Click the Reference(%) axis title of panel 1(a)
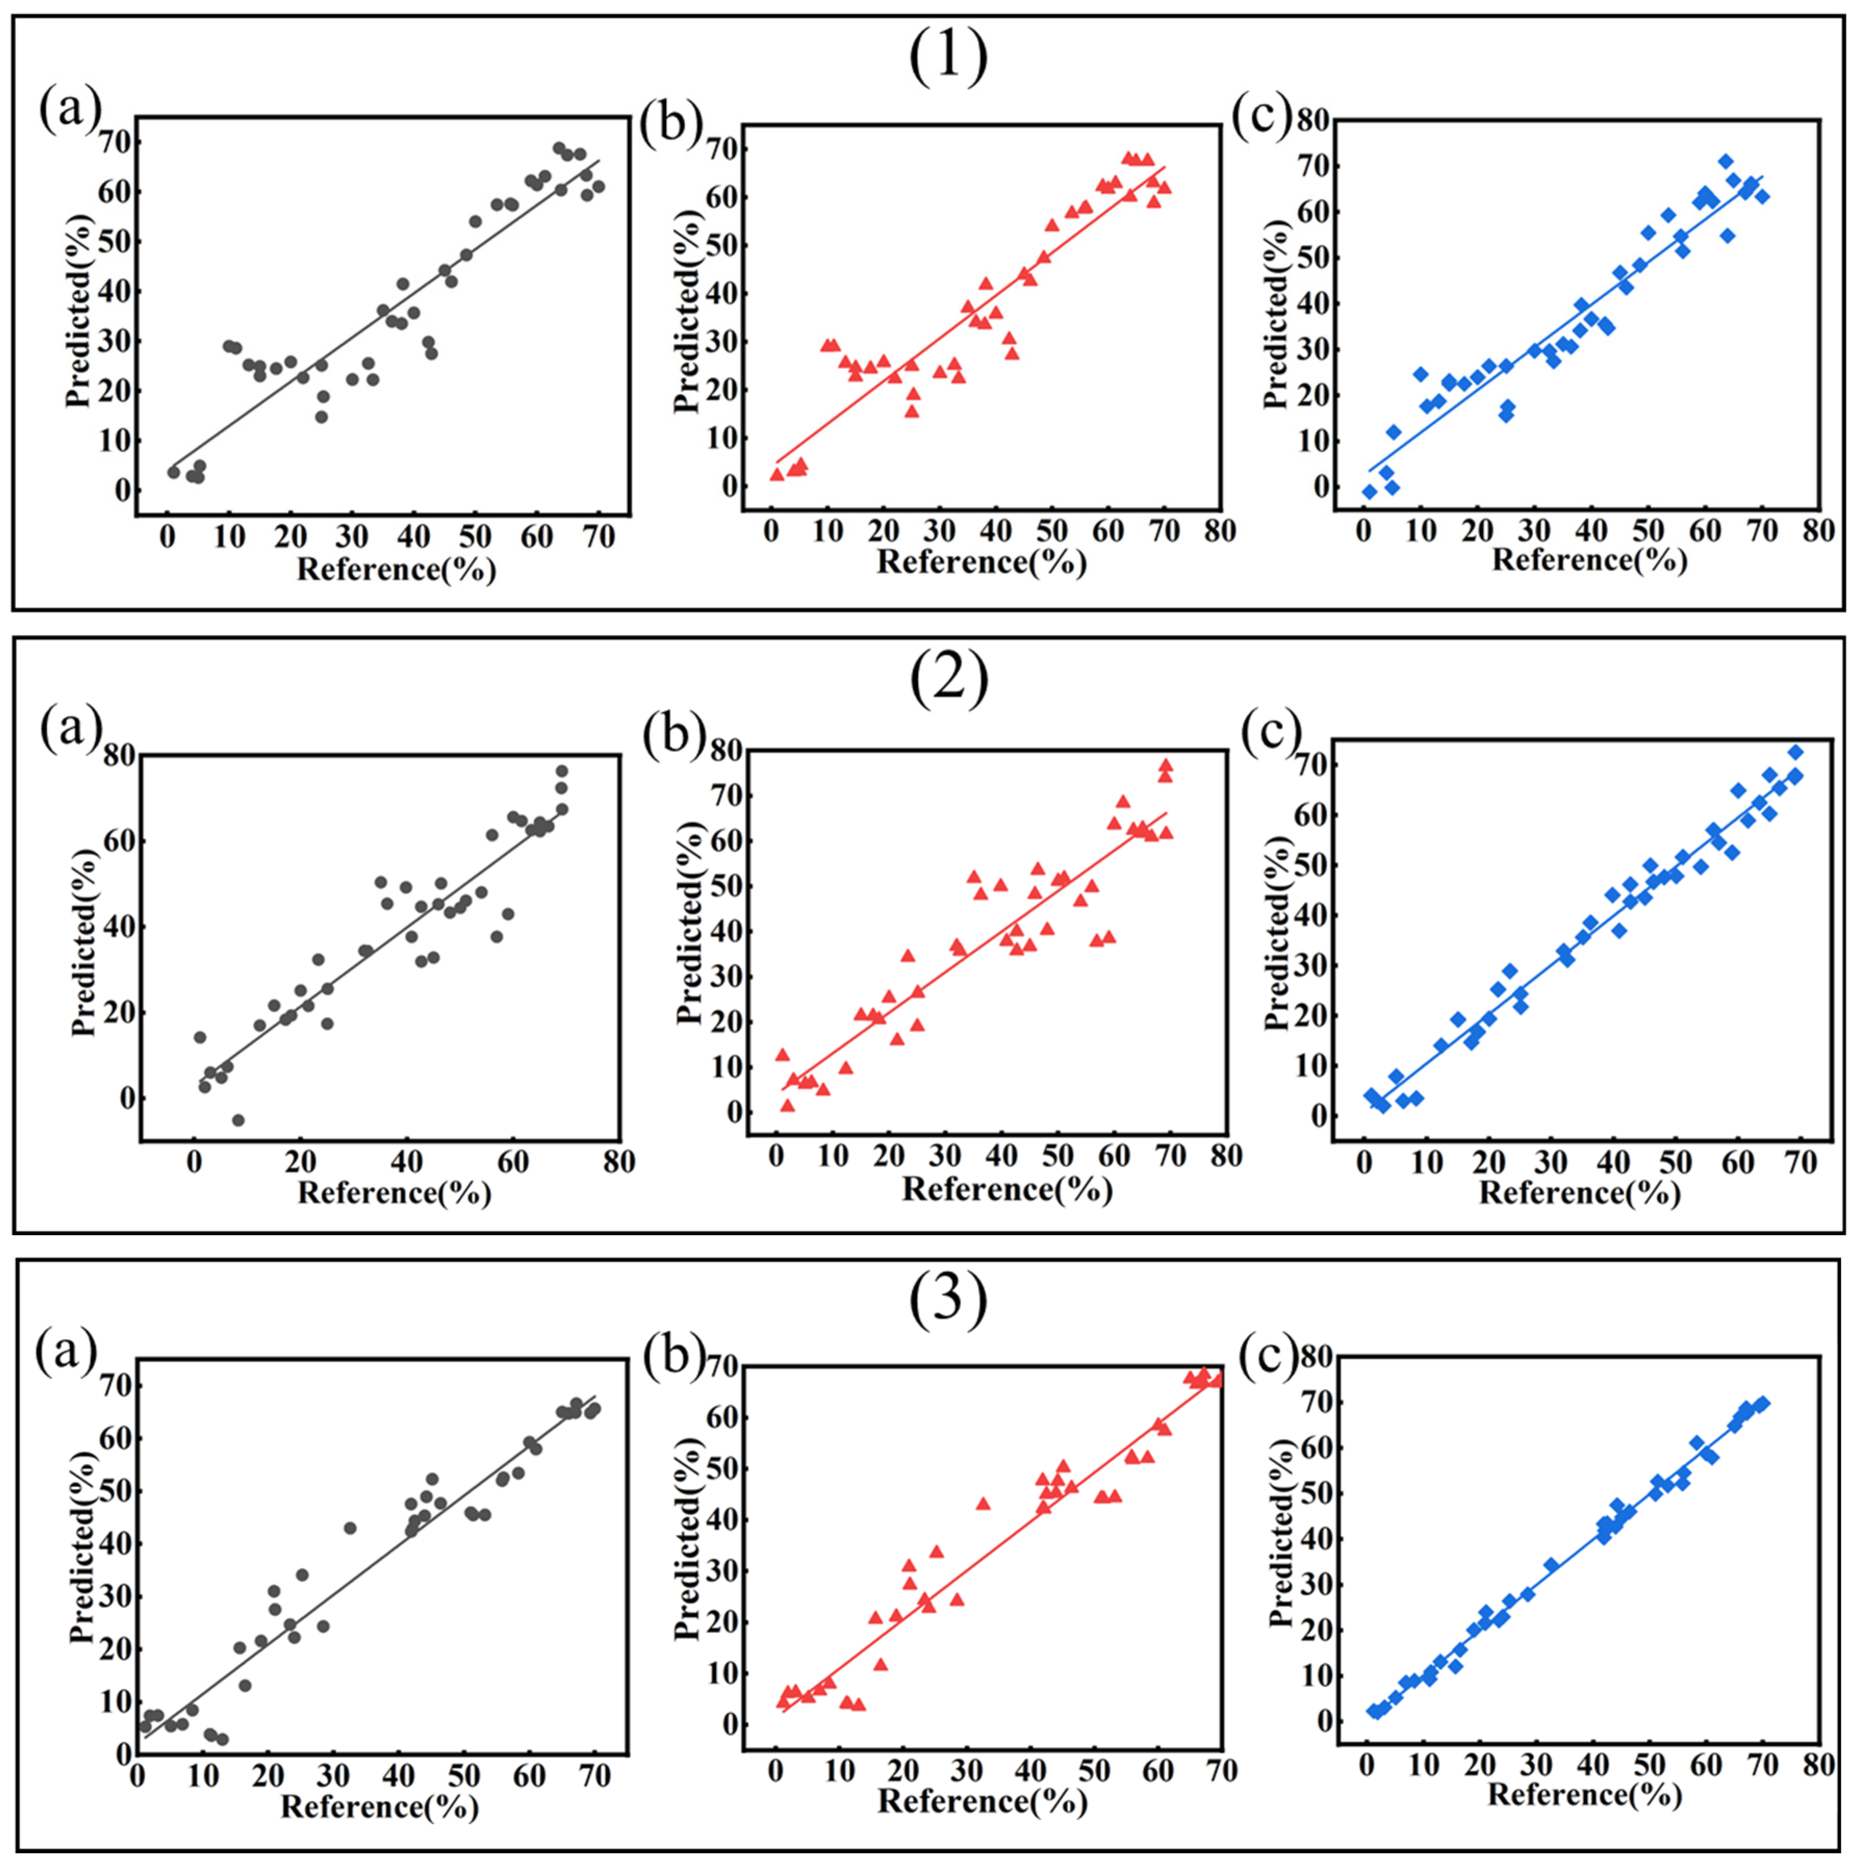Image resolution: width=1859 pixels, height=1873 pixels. coord(395,569)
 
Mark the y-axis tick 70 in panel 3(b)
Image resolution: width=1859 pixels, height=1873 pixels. coord(716,1367)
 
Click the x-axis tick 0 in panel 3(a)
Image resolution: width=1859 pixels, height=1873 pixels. coord(139,1776)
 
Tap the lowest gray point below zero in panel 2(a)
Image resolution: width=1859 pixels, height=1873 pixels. coord(238,1120)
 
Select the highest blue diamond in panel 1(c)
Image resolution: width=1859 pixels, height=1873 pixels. coord(1725,162)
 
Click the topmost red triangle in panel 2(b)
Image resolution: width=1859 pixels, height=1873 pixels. coord(1164,765)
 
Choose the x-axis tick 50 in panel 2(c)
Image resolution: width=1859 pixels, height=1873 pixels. coord(1675,1162)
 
